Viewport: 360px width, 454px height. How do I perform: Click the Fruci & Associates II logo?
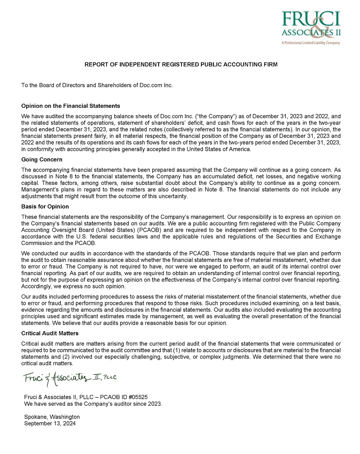(310, 25)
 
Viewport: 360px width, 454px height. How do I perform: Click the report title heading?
(181, 65)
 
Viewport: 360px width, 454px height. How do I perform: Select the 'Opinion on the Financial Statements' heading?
(71, 106)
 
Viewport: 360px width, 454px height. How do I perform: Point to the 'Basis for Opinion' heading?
(45, 207)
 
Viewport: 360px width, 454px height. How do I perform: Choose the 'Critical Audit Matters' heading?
(50, 334)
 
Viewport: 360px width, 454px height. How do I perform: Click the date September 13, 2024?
(50, 424)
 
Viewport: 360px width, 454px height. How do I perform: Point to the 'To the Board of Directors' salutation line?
(97, 85)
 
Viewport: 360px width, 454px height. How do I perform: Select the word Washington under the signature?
(65, 417)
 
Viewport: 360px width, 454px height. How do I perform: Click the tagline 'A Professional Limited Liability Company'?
(311, 43)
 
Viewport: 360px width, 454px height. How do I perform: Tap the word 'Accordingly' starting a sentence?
(37, 286)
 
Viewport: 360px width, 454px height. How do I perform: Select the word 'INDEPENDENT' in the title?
(139, 65)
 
